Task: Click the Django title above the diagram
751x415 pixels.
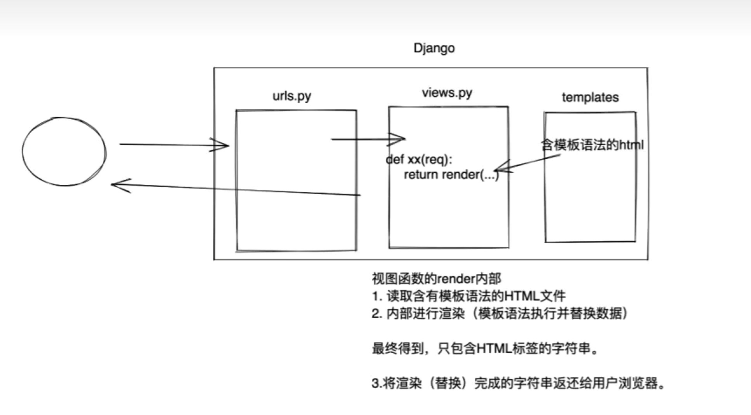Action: [434, 48]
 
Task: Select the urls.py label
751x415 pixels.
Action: [291, 96]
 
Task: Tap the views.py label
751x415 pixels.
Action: [447, 93]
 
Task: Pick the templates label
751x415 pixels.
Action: [590, 97]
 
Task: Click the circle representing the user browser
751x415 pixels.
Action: [64, 151]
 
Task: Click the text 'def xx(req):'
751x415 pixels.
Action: [419, 159]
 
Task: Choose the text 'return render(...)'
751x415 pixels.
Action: [451, 175]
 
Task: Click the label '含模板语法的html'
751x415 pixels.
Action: [592, 145]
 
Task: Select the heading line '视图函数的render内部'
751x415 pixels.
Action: [436, 278]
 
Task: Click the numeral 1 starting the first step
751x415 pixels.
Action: [375, 296]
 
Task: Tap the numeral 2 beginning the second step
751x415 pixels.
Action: [376, 313]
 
